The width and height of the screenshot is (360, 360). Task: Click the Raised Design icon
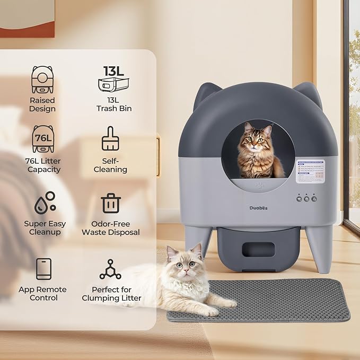click(42, 80)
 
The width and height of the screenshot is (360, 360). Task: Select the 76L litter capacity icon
click(42, 139)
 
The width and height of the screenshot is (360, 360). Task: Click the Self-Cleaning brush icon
click(110, 139)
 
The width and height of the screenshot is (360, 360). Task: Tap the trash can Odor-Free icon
click(111, 203)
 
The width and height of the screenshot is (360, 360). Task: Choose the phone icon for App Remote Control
click(43, 269)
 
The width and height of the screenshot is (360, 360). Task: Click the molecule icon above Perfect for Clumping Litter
click(110, 269)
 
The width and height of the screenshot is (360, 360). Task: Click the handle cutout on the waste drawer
click(258, 249)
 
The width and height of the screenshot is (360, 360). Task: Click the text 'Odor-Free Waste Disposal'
click(111, 228)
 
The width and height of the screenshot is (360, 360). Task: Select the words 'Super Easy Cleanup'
click(42, 228)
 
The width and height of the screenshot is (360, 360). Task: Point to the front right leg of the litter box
click(321, 246)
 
